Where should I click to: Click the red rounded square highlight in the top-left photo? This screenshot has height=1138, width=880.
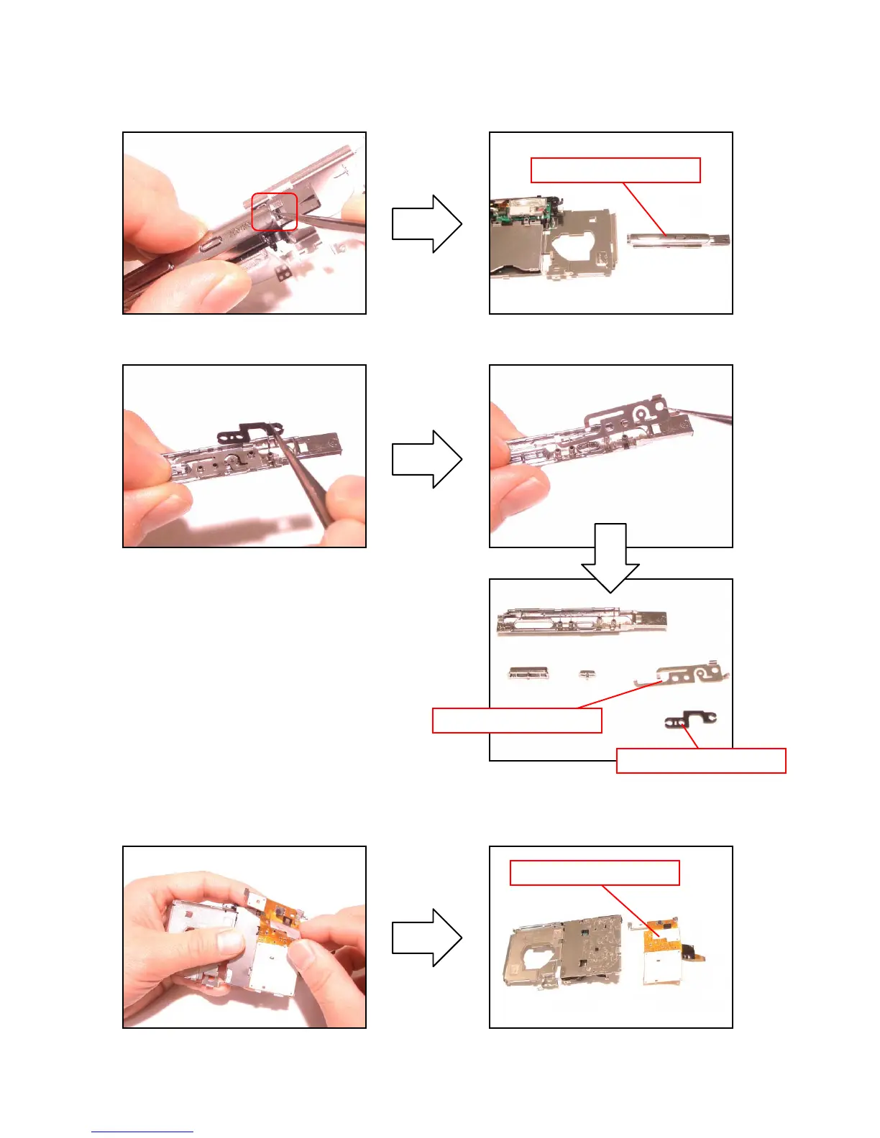tap(274, 212)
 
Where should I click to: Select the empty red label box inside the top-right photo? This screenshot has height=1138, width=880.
tap(615, 170)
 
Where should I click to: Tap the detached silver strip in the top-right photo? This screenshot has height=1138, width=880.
tap(679, 240)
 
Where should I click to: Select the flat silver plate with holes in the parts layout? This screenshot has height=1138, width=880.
tap(687, 675)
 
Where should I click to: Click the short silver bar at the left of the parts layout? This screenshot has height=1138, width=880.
tap(529, 673)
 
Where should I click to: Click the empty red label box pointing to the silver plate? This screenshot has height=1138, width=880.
tap(517, 721)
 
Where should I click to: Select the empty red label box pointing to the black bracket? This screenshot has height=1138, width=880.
tap(701, 761)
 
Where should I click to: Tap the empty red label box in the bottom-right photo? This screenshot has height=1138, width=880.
tap(595, 873)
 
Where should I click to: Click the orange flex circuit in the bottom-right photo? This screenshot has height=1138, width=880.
tap(661, 935)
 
